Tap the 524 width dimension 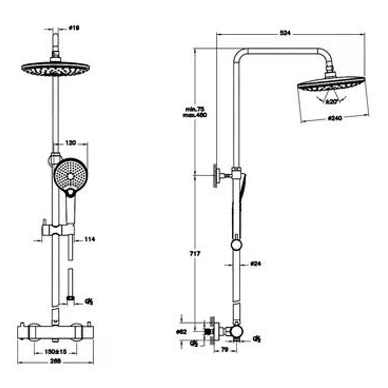click(285, 33)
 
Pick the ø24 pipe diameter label click(255, 264)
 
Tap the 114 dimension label click(90, 239)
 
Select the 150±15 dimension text click(56, 352)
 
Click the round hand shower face click(70, 176)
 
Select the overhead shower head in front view click(56, 69)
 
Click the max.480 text click(195, 115)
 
